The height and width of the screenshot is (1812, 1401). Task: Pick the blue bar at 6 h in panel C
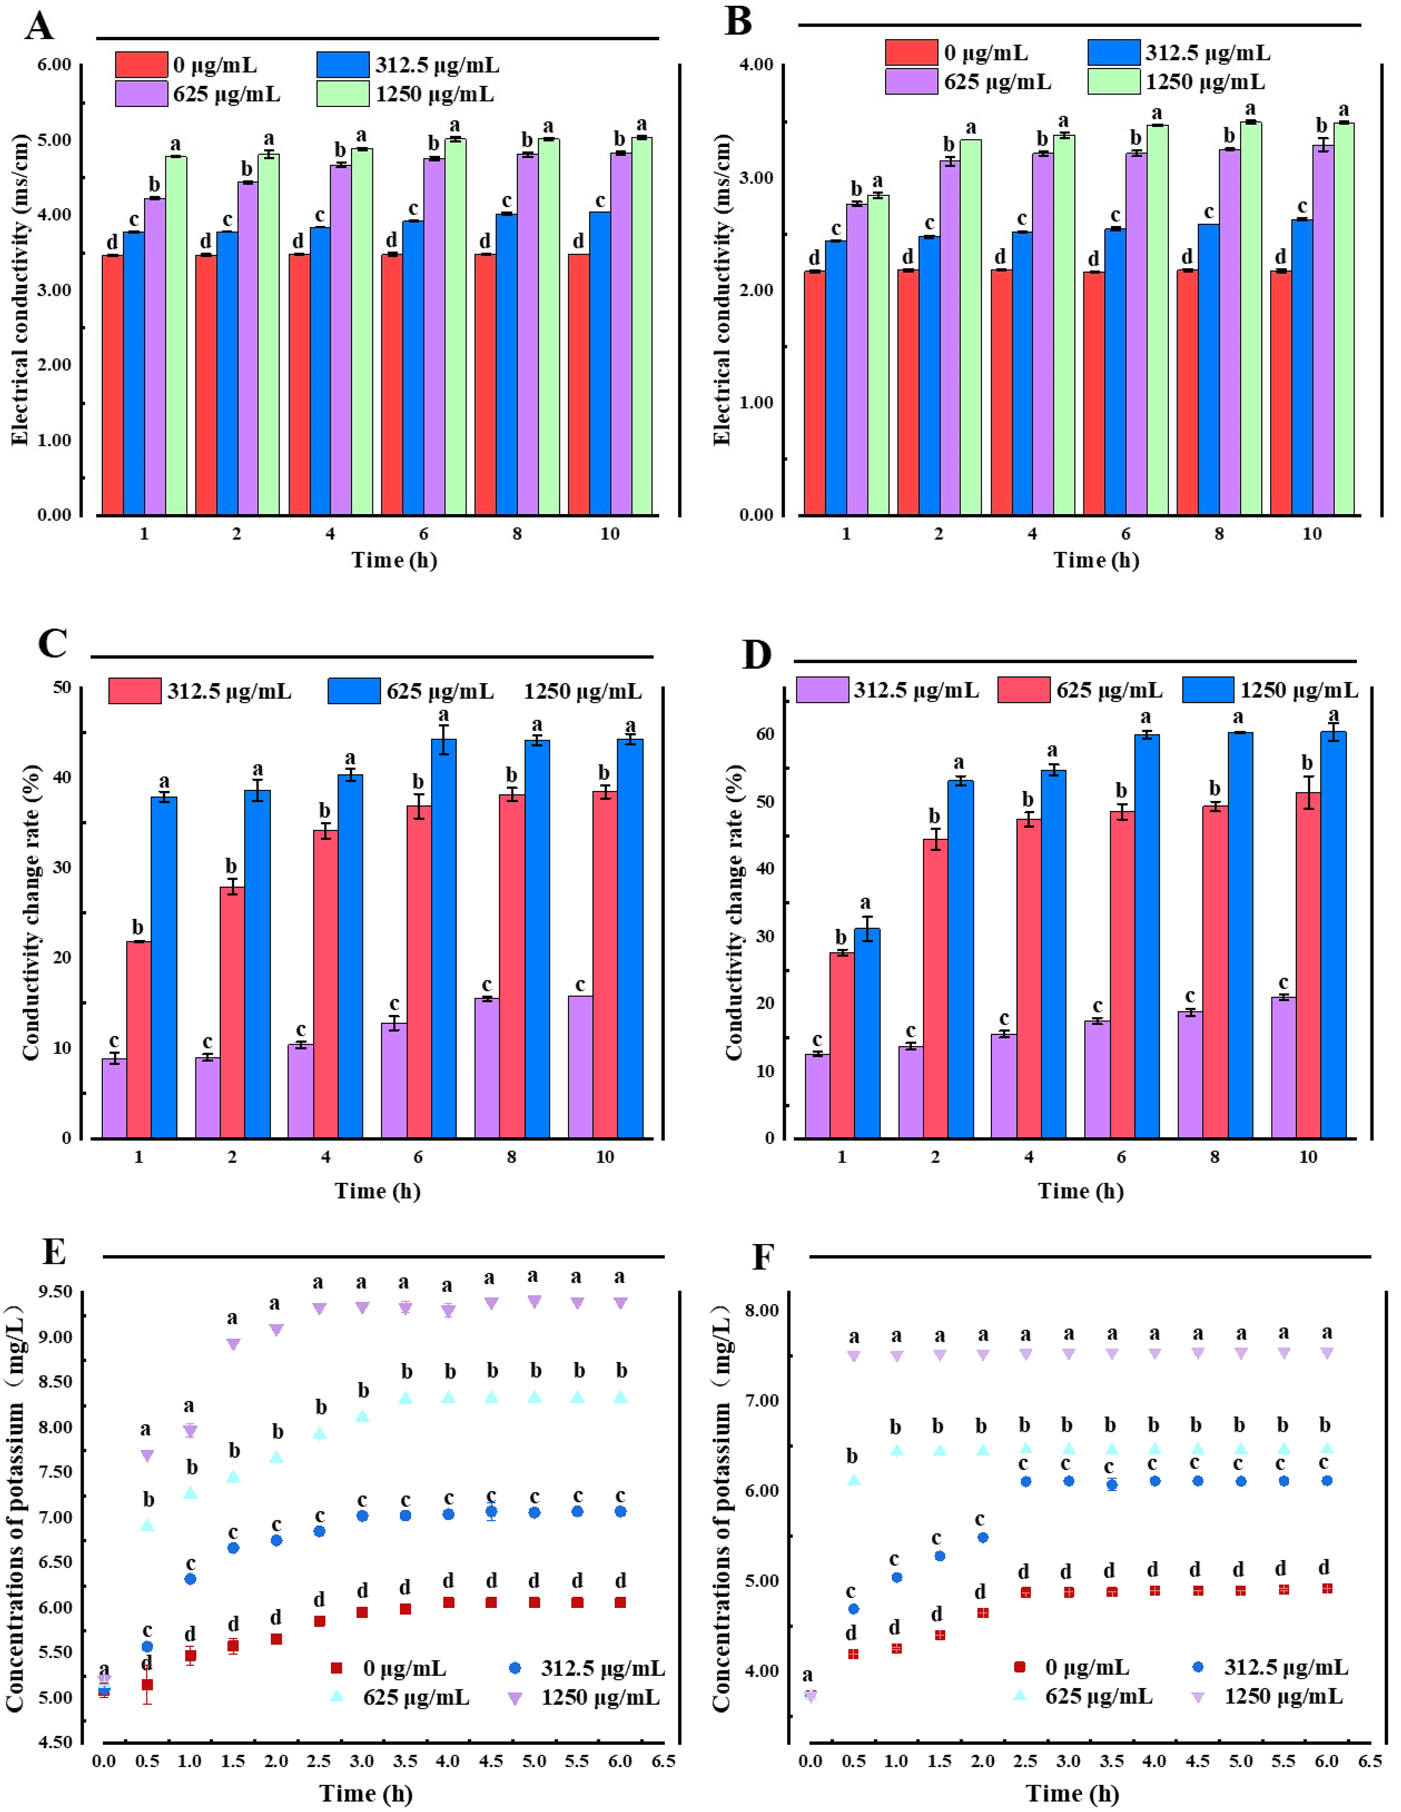coord(443,937)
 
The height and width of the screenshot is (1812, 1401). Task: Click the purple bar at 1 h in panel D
coord(817,1095)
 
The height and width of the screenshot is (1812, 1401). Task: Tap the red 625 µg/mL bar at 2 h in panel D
coord(935,987)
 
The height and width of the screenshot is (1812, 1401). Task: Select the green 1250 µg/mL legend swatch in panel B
coord(1113,81)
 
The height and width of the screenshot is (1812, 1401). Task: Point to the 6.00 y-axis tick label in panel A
coord(54,65)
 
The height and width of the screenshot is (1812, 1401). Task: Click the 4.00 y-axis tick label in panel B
coord(756,65)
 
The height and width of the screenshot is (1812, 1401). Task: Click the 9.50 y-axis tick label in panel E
coord(56,1292)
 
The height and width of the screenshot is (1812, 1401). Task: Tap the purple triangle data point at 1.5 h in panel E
coord(233,1344)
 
